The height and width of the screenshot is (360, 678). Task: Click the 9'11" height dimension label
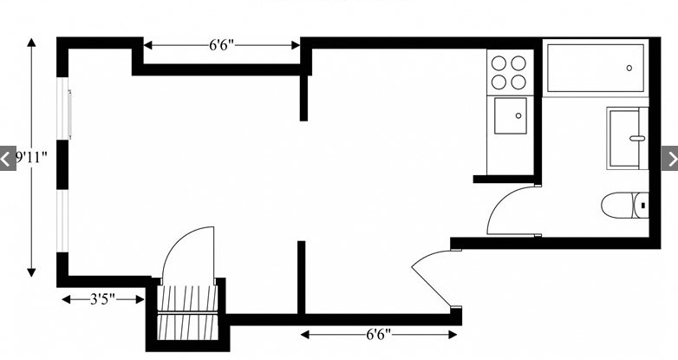click(x=31, y=158)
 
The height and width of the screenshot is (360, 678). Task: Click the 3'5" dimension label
click(x=103, y=299)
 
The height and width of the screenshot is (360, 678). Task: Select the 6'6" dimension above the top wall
click(x=221, y=45)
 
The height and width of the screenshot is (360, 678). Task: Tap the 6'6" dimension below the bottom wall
click(x=379, y=335)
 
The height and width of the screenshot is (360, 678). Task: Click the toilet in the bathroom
click(x=625, y=206)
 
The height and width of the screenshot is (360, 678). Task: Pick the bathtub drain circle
click(x=629, y=68)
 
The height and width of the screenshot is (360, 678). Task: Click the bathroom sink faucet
click(x=637, y=139)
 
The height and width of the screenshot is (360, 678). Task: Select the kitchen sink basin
click(x=511, y=115)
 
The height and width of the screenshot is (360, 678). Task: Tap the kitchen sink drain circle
click(x=518, y=115)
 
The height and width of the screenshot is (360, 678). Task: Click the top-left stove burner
click(x=499, y=63)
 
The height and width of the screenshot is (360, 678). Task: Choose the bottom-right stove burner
click(x=518, y=82)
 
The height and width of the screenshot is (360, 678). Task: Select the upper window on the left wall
click(x=63, y=108)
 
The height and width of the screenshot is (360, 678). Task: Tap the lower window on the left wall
click(x=63, y=220)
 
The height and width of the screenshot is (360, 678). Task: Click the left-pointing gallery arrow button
click(x=7, y=159)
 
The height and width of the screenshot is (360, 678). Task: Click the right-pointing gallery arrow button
click(x=670, y=159)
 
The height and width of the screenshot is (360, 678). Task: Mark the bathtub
click(x=596, y=68)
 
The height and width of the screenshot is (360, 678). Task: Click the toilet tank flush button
click(x=643, y=206)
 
